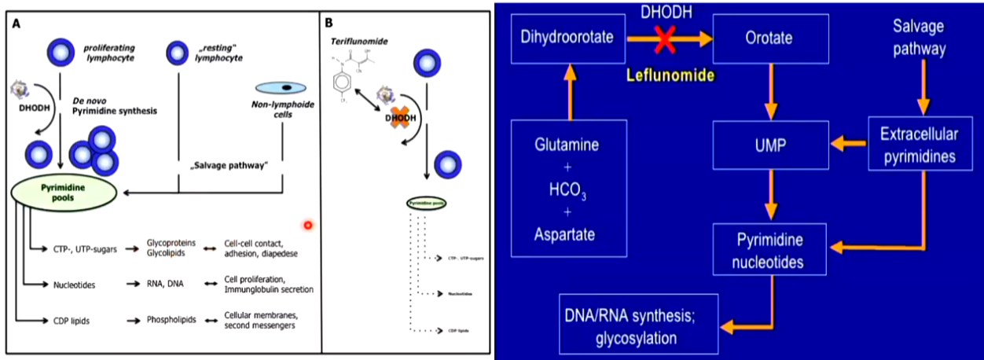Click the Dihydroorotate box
coord(568,38)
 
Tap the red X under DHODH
coord(664,37)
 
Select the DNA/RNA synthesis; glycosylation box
coord(639,325)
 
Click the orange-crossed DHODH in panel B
coord(399,119)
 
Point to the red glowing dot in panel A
coord(308,225)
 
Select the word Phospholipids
coord(169,321)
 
